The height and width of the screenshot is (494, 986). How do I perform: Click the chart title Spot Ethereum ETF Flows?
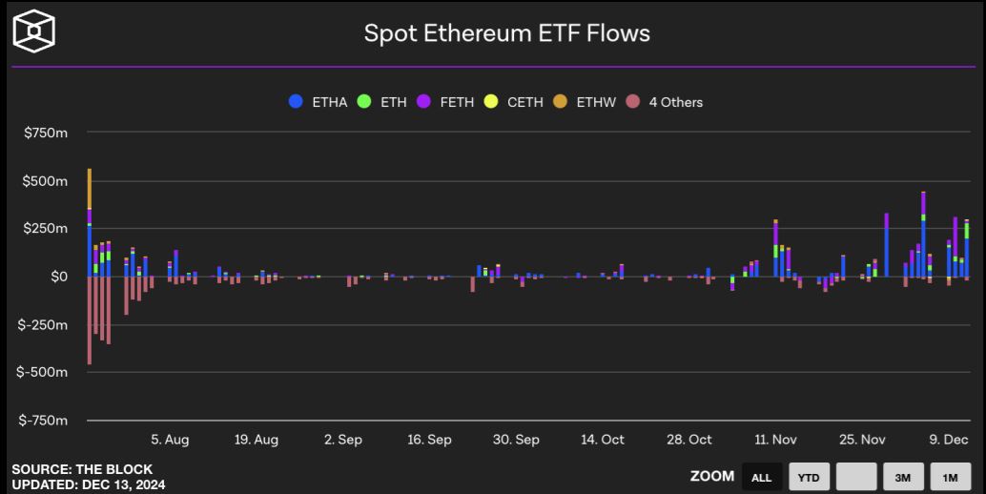(506, 33)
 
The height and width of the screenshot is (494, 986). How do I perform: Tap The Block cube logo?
(33, 31)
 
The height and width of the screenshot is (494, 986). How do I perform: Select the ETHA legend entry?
(319, 102)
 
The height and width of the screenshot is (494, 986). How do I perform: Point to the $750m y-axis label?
(46, 134)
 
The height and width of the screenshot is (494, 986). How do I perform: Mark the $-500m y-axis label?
(43, 372)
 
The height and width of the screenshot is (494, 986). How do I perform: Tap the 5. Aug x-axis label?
(170, 440)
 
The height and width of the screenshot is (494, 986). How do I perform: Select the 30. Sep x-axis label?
(516, 440)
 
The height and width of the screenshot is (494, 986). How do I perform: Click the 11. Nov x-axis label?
(775, 440)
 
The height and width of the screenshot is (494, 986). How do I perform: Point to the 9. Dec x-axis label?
(948, 440)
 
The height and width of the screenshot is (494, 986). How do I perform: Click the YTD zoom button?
(808, 477)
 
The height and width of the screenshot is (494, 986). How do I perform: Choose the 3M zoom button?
(902, 477)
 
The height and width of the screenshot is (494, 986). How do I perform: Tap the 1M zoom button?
(950, 477)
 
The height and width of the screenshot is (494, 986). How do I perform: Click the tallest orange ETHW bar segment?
(90, 189)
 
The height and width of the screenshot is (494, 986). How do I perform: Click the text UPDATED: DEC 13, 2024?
(88, 484)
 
